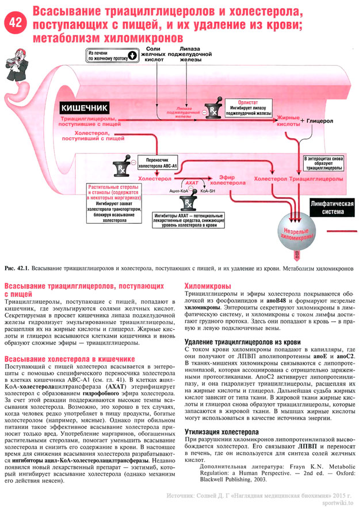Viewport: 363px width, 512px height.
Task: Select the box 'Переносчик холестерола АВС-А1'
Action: coord(161,163)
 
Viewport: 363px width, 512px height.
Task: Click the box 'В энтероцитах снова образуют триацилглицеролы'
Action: coord(323,163)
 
